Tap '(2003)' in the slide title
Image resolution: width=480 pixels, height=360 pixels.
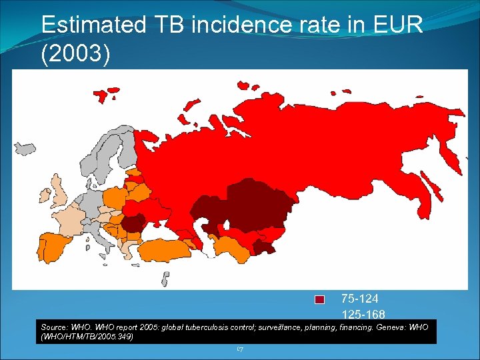tap(75, 55)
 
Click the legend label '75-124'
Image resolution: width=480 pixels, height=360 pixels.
tap(359, 298)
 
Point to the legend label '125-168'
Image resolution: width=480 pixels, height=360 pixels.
tap(363, 313)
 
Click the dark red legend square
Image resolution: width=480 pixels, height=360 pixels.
tap(319, 299)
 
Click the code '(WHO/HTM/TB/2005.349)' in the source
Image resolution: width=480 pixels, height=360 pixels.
tap(87, 337)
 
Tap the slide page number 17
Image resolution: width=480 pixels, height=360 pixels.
tap(240, 349)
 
